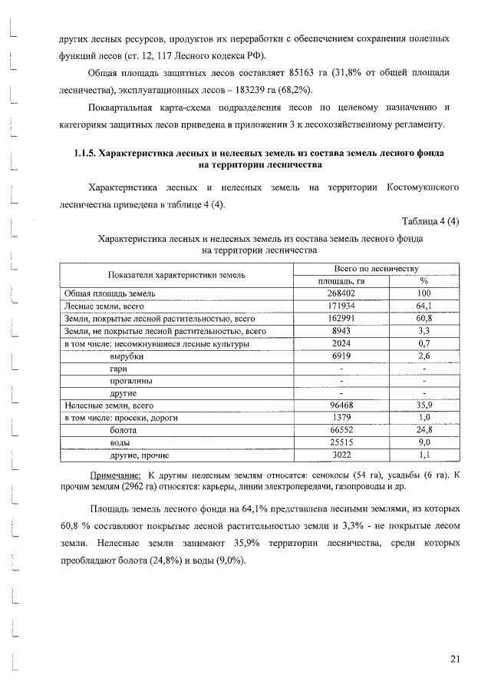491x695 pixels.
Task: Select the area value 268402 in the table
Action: (341, 293)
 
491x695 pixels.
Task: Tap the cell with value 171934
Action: (341, 306)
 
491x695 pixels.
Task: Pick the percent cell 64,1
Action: (423, 306)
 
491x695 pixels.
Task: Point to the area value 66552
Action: (341, 431)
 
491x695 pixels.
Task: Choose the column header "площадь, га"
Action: (341, 281)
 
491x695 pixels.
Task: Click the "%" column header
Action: (423, 281)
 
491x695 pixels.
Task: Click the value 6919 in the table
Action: (341, 356)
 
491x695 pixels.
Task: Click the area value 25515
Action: (341, 443)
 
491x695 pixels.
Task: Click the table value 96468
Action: (341, 405)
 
